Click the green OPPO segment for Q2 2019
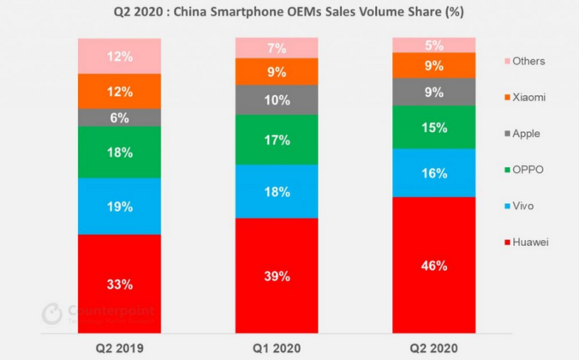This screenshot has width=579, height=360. click(x=119, y=152)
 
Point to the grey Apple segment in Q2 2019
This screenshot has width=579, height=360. click(x=119, y=117)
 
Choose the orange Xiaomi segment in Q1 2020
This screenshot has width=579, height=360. click(x=277, y=72)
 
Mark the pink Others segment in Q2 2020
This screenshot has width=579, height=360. click(x=433, y=45)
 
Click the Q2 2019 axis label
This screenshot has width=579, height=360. click(x=119, y=347)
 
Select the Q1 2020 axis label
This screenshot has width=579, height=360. click(x=277, y=347)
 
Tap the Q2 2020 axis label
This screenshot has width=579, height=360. click(x=433, y=347)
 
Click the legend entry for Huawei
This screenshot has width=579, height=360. click(x=524, y=243)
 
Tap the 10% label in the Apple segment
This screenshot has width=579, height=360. click(x=277, y=100)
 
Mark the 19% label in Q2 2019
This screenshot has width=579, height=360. click(x=119, y=207)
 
